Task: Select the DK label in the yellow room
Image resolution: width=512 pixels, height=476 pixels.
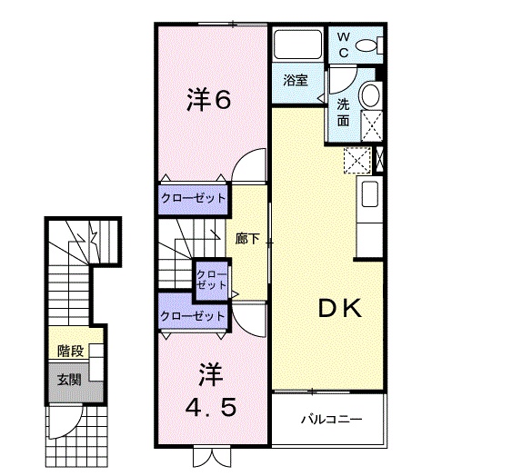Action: tap(340, 309)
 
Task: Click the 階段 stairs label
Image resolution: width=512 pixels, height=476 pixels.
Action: tap(70, 351)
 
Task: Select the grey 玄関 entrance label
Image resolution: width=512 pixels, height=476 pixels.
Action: tap(68, 379)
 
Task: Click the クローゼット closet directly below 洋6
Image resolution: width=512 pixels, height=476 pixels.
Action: tap(193, 197)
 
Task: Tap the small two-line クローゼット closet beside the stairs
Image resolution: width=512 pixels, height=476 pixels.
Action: tap(211, 279)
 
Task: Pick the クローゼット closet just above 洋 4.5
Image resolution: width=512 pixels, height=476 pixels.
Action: tap(192, 316)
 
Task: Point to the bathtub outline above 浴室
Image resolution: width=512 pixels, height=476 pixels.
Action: tap(295, 45)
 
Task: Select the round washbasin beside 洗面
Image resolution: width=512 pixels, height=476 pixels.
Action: tap(370, 95)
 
